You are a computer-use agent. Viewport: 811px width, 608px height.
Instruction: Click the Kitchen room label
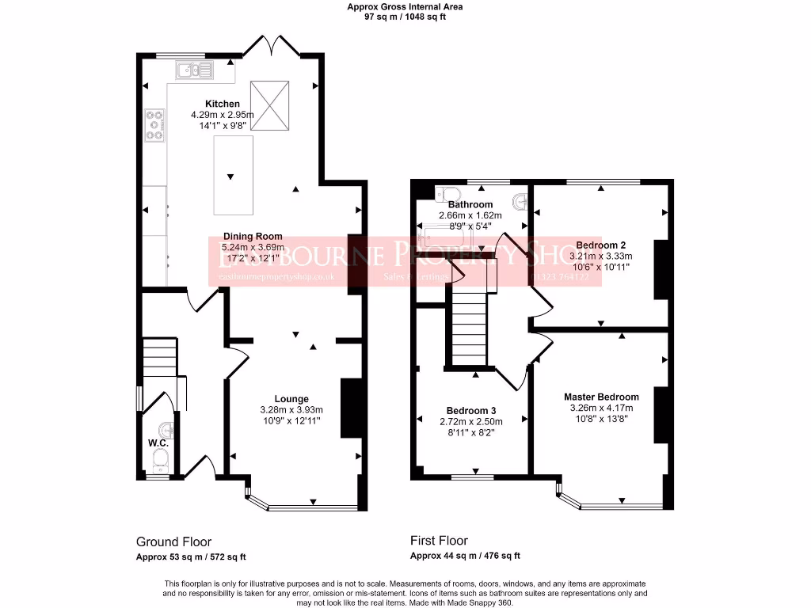pyautogui.click(x=222, y=104)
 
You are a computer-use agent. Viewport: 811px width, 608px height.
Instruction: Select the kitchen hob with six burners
pyautogui.click(x=155, y=125)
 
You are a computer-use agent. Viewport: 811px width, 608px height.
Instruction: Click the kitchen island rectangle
pyautogui.click(x=233, y=175)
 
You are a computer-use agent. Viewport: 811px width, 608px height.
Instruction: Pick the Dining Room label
pyautogui.click(x=252, y=236)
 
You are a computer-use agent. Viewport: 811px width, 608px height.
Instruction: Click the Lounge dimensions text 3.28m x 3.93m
pyautogui.click(x=291, y=409)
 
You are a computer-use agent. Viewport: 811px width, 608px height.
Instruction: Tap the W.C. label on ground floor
pyautogui.click(x=158, y=443)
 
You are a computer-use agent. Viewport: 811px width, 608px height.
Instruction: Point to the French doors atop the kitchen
pyautogui.click(x=270, y=46)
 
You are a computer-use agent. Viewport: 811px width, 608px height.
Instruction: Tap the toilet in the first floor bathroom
pyautogui.click(x=447, y=193)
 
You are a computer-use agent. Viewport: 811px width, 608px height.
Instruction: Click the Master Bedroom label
pyautogui.click(x=601, y=397)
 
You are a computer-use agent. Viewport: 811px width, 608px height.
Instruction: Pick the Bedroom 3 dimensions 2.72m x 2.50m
pyautogui.click(x=470, y=421)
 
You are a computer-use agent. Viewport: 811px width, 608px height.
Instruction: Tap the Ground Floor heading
pyautogui.click(x=173, y=542)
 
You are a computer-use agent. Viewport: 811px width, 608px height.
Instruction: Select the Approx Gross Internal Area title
pyautogui.click(x=405, y=7)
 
